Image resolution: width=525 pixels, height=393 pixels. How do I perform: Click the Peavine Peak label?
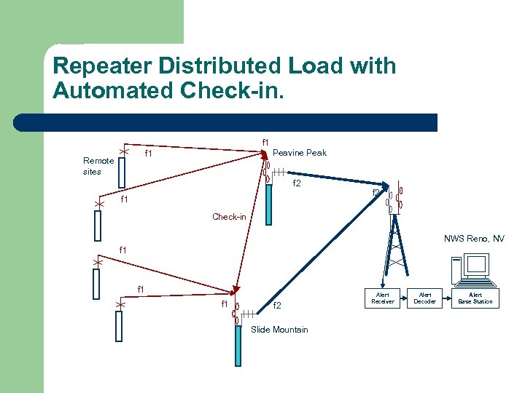click(299, 153)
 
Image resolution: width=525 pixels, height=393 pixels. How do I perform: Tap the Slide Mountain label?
click(279, 330)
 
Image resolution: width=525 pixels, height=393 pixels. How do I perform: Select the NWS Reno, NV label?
click(474, 239)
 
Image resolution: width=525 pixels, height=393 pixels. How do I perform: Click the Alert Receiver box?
click(382, 298)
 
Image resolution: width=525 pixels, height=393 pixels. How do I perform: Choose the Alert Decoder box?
click(424, 298)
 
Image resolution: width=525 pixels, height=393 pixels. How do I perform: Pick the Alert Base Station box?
click(475, 298)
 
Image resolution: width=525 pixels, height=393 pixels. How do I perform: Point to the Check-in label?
click(229, 217)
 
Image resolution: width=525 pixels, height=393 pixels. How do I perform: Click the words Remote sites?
click(98, 166)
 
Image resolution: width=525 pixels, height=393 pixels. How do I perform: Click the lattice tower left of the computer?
click(394, 247)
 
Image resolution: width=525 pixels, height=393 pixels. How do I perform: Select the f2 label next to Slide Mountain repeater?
click(277, 306)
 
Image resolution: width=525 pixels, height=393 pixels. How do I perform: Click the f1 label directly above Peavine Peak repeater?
click(265, 142)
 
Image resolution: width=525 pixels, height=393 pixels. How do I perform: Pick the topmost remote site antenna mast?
click(122, 172)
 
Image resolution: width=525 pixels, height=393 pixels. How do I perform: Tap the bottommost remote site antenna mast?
click(119, 325)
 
